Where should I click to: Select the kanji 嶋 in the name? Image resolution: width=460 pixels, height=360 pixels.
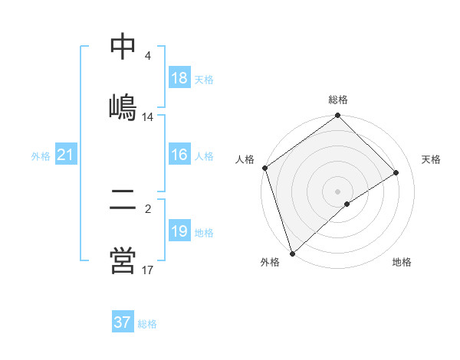123,105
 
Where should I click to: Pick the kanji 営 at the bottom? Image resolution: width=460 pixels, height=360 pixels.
123,260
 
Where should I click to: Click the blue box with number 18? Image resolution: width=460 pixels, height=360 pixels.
179,78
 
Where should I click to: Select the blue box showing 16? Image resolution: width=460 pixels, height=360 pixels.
179,155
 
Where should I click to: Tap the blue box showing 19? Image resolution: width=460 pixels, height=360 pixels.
179,232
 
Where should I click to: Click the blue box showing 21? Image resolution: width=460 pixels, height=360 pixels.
66,155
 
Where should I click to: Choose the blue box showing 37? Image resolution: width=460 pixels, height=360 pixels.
123,322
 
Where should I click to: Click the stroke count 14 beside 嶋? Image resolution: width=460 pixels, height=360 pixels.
148,117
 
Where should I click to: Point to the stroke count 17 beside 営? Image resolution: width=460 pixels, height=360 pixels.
148,270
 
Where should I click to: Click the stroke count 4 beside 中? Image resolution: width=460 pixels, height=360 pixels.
148,56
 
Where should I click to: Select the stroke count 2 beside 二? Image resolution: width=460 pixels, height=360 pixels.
148,208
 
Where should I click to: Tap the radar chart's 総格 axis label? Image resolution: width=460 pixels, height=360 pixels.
338,100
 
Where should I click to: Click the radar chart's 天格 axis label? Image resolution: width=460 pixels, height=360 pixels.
432,159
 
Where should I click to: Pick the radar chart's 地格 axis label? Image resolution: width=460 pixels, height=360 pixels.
402,262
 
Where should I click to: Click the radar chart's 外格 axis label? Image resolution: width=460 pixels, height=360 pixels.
269,262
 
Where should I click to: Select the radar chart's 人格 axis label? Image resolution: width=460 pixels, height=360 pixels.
245,159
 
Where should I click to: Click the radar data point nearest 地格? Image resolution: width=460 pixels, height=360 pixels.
347,204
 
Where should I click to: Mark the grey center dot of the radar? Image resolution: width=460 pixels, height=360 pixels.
337,191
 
